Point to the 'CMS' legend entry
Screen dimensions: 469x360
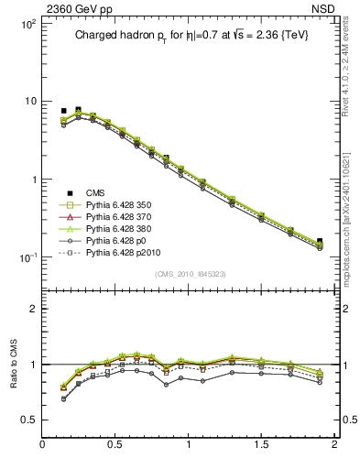tap(95, 192)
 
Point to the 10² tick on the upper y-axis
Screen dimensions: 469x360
tap(27, 24)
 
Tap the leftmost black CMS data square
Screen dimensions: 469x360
tap(64, 111)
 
